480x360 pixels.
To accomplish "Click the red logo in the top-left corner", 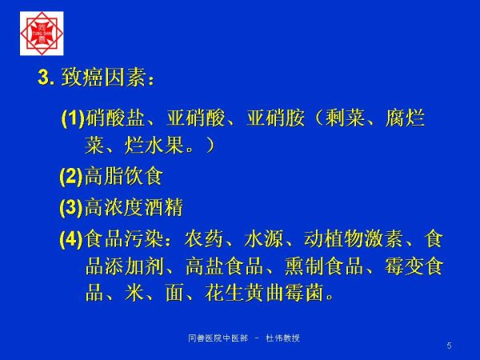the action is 42,34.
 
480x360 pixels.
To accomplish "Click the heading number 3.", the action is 46,77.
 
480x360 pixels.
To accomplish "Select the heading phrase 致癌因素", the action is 103,77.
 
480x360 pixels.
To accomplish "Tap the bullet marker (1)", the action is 73,118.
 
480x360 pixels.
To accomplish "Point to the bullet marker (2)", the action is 71,176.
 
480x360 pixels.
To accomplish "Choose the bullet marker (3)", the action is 71,207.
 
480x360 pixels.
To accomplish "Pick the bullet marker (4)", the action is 71,238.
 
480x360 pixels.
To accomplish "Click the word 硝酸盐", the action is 115,118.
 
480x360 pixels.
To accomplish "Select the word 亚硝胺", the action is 275,118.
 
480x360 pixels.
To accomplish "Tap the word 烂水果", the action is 154,145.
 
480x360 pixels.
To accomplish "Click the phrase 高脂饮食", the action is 123,176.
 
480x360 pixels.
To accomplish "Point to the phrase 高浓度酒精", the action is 134,207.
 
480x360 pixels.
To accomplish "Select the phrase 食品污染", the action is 124,238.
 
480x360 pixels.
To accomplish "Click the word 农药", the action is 204,238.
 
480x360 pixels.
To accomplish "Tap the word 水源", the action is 263,238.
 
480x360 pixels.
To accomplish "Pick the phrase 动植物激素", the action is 353,238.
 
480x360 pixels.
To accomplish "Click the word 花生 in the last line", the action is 224,293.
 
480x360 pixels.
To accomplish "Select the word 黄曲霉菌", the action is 284,293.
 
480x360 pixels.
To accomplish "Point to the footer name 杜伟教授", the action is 282,338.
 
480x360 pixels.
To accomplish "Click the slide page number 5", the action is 449,346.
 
